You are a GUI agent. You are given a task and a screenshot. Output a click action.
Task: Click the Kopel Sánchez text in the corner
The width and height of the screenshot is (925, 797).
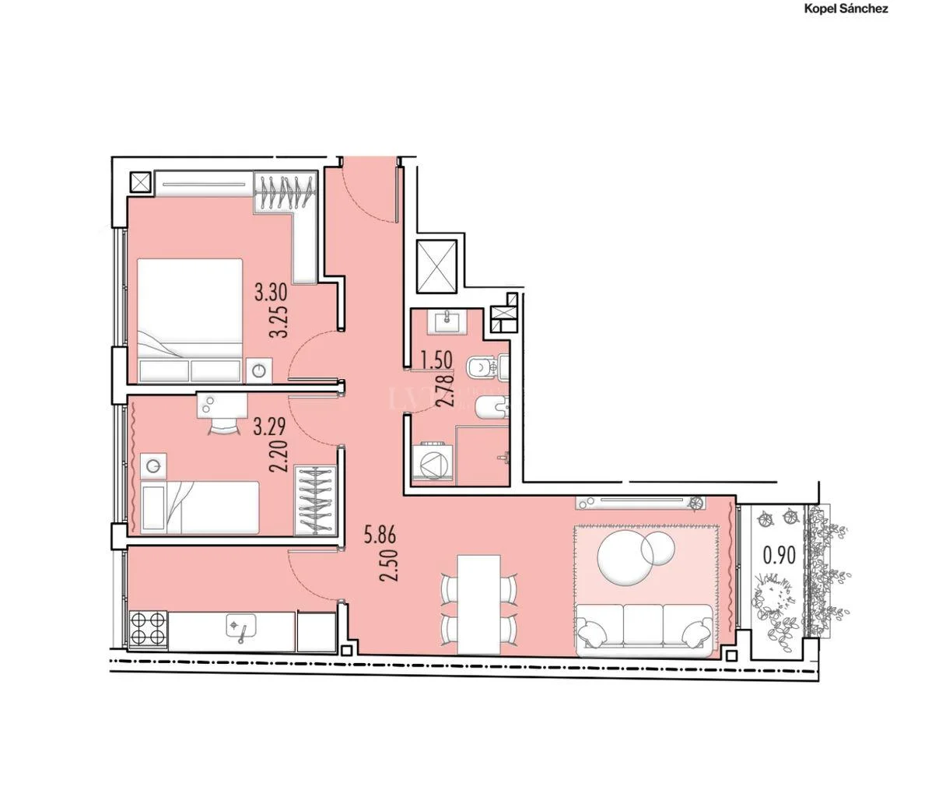point(846,9)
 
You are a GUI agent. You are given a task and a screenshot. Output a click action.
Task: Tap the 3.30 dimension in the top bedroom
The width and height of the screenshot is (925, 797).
point(271,291)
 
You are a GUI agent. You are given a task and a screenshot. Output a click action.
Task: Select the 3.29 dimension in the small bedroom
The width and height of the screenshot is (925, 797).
point(270,426)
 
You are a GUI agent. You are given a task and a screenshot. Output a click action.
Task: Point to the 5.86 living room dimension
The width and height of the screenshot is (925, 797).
point(380,535)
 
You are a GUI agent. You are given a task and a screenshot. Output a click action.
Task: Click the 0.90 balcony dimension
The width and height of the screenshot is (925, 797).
point(780,555)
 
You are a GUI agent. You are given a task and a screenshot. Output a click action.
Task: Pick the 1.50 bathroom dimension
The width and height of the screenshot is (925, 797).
point(436,360)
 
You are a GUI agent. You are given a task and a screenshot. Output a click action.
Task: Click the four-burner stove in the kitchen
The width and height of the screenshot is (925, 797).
point(148,628)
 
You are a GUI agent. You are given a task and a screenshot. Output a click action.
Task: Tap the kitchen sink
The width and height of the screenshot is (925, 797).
point(241,627)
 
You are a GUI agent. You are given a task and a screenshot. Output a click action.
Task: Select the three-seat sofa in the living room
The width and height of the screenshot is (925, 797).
point(643,630)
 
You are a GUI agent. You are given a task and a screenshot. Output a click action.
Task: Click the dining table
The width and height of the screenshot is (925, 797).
point(479,604)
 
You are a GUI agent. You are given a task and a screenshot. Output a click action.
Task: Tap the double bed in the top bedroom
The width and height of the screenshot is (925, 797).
point(190,321)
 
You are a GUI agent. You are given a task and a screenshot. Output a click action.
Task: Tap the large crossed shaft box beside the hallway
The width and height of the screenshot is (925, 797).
point(436,265)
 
